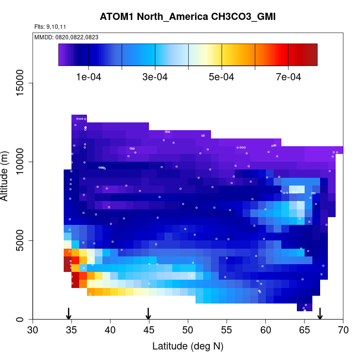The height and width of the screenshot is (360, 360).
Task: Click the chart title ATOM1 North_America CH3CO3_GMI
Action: pyautogui.click(x=188, y=16)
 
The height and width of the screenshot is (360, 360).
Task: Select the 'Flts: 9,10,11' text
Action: pyautogui.click(x=50, y=27)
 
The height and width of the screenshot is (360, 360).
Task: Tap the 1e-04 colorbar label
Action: pyautogui.click(x=88, y=77)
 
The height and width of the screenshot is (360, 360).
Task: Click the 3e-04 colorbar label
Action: pyautogui.click(x=155, y=77)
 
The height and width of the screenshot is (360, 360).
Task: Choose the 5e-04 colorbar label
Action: pyautogui.click(x=222, y=77)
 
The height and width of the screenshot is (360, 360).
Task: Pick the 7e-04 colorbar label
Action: pyautogui.click(x=288, y=77)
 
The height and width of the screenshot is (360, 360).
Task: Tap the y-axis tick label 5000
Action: pyautogui.click(x=22, y=240)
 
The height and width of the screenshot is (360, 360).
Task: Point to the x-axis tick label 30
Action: pyautogui.click(x=33, y=331)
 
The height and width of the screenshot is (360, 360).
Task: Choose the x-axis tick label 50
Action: pyautogui.click(x=188, y=331)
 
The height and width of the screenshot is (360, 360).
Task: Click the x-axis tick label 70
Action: pyautogui.click(x=343, y=331)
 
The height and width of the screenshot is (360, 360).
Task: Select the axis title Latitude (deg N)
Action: pyautogui.click(x=188, y=347)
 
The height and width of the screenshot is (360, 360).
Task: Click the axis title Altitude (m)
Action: pyautogui.click(x=8, y=174)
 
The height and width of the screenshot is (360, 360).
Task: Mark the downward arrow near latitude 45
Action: pyautogui.click(x=148, y=313)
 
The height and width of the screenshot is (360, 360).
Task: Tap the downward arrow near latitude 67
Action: pyautogui.click(x=320, y=313)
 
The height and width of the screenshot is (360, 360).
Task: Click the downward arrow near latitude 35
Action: pyautogui.click(x=68, y=313)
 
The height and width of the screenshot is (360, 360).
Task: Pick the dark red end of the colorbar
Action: pyautogui.click(x=312, y=55)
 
